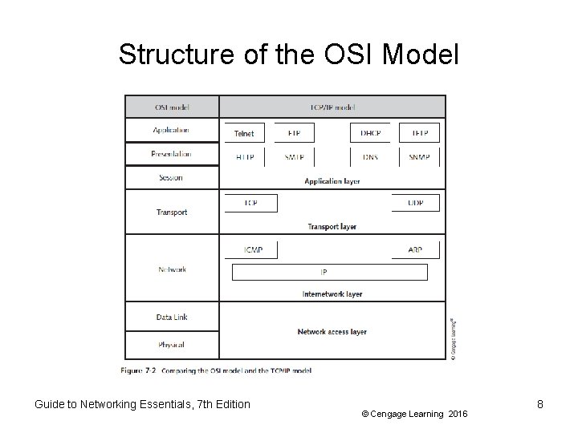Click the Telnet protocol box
pyautogui.click(x=244, y=133)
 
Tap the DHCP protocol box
pyautogui.click(x=370, y=133)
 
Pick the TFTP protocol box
pyautogui.click(x=420, y=133)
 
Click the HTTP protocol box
pyautogui.click(x=244, y=158)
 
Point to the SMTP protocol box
pyautogui.click(x=294, y=158)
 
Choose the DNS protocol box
pyautogui.click(x=370, y=158)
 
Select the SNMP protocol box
pyautogui.click(x=420, y=158)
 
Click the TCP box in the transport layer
pyautogui.click(x=250, y=203)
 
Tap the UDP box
pyautogui.click(x=415, y=203)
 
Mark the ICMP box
pyautogui.click(x=253, y=250)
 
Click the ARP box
pyautogui.click(x=415, y=250)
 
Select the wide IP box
pyautogui.click(x=329, y=273)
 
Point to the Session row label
pyautogui.click(x=171, y=177)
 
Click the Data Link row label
pyautogui.click(x=171, y=318)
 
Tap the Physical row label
pyautogui.click(x=171, y=345)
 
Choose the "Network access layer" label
pyautogui.click(x=332, y=331)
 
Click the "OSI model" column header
pyautogui.click(x=171, y=107)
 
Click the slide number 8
pyautogui.click(x=540, y=404)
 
